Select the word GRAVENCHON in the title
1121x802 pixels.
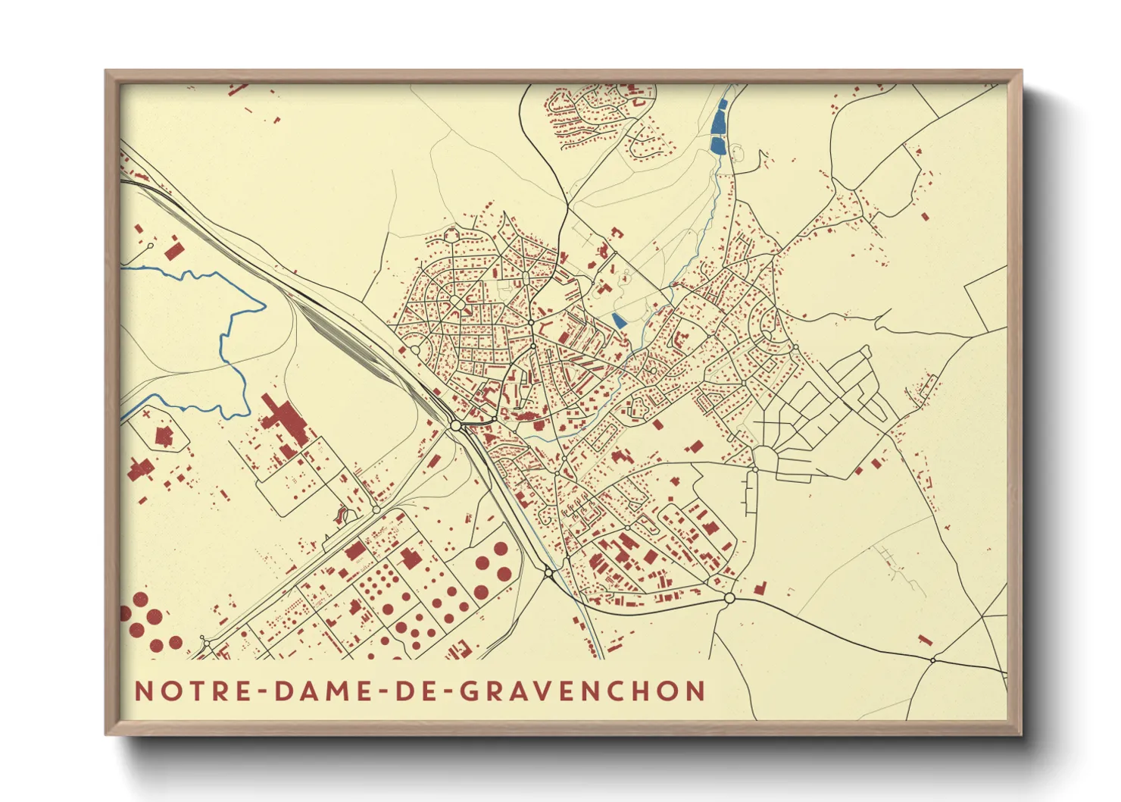(582, 691)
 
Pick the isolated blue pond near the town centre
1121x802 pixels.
(619, 321)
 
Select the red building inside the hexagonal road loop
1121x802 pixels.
(164, 437)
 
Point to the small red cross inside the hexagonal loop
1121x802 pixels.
(145, 415)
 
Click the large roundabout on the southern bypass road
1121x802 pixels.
(729, 598)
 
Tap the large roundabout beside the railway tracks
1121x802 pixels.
(456, 426)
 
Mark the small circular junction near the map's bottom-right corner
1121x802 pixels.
(933, 660)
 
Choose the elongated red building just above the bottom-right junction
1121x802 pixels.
(924, 640)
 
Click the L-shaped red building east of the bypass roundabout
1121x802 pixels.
(759, 588)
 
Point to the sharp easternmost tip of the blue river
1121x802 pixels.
(265, 307)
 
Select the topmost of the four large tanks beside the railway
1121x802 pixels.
(501, 548)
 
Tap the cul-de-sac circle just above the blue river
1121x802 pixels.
(151, 246)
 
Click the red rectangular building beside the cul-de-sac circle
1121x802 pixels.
(175, 251)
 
